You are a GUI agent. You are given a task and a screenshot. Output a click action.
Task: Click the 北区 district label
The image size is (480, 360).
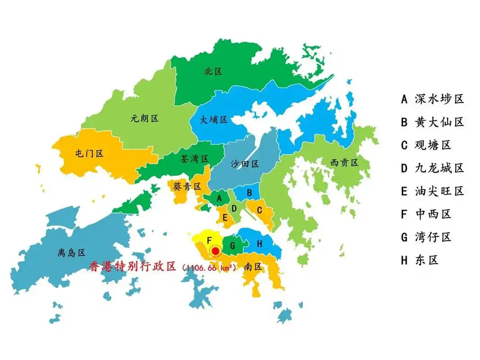click(x=213, y=71)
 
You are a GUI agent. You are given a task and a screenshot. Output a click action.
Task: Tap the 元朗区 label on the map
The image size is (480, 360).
click(x=144, y=119)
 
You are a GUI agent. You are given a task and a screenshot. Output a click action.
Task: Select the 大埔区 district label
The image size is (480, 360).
click(x=214, y=120)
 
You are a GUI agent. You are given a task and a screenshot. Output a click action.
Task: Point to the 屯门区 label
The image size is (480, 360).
click(x=89, y=153)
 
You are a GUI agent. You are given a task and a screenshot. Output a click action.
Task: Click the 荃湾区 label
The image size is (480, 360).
click(x=194, y=159)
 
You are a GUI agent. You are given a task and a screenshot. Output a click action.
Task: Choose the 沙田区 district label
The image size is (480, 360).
click(x=245, y=164)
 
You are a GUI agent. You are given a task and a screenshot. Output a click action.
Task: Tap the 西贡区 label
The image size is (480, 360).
click(x=344, y=162)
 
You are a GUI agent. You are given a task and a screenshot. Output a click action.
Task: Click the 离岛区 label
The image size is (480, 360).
click(x=72, y=253)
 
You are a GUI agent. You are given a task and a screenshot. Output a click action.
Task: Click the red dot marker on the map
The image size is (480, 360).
click(x=216, y=251)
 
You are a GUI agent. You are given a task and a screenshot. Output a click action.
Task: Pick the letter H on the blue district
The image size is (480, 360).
click(x=259, y=243)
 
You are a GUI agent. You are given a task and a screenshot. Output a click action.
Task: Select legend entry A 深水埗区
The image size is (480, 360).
click(x=432, y=99)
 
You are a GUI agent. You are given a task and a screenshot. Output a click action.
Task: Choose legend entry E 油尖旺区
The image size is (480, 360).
click(x=432, y=191)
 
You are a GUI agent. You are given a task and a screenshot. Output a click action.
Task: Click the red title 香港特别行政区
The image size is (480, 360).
click(x=133, y=266)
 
